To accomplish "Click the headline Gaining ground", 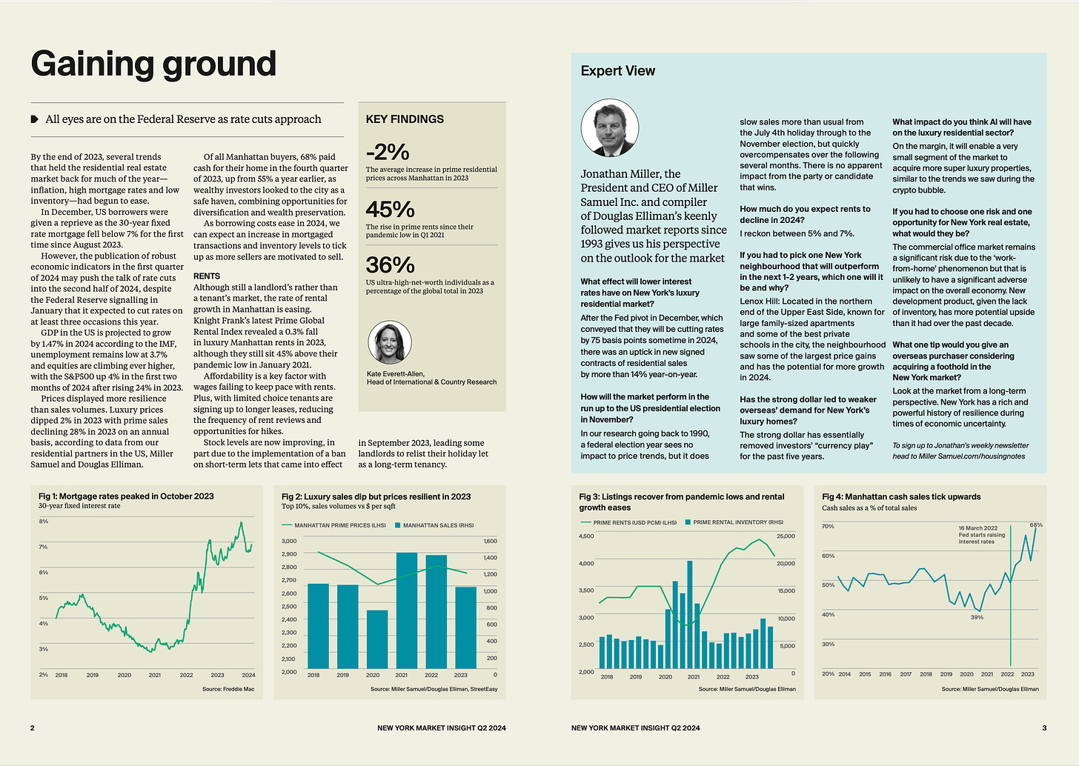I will point(153,64).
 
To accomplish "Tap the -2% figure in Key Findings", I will point(388,152).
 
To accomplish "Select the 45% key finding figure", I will point(390,210).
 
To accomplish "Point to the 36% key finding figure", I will point(390,265).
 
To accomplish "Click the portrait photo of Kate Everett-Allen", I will point(390,342).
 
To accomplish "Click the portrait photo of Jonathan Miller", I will point(609,128).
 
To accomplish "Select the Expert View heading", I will point(618,71).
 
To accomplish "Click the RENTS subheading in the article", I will point(207,276).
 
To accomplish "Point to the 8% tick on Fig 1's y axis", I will point(44,522).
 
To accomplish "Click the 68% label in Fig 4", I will point(1036,525).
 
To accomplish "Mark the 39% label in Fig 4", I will point(977,617).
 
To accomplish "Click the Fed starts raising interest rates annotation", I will point(981,535).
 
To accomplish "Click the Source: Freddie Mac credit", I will point(228,689).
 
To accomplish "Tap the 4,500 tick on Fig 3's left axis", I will point(586,536).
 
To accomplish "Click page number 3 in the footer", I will point(1044,727).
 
